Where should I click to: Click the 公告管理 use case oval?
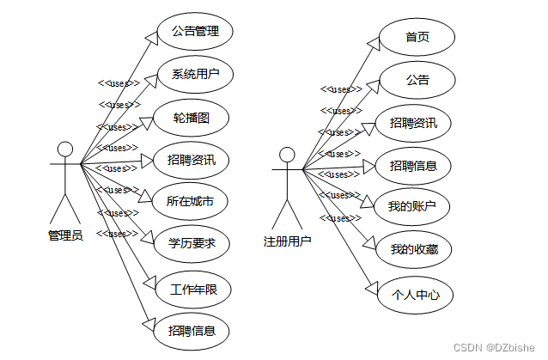[x=195, y=32]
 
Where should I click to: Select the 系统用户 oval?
[x=195, y=74]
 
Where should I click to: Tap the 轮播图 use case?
[x=191, y=118]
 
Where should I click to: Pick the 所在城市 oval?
[x=190, y=203]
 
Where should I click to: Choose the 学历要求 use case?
[x=192, y=244]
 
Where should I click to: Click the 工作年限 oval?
[x=194, y=290]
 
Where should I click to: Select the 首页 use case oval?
[x=417, y=37]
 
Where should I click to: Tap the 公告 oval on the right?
[x=417, y=80]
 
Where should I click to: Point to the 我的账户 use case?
[x=413, y=206]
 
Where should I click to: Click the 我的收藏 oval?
[x=415, y=249]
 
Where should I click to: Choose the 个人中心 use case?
[x=415, y=295]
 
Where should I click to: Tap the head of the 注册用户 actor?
[x=287, y=155]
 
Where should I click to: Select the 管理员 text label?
[x=65, y=235]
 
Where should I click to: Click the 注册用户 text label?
[x=287, y=241]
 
